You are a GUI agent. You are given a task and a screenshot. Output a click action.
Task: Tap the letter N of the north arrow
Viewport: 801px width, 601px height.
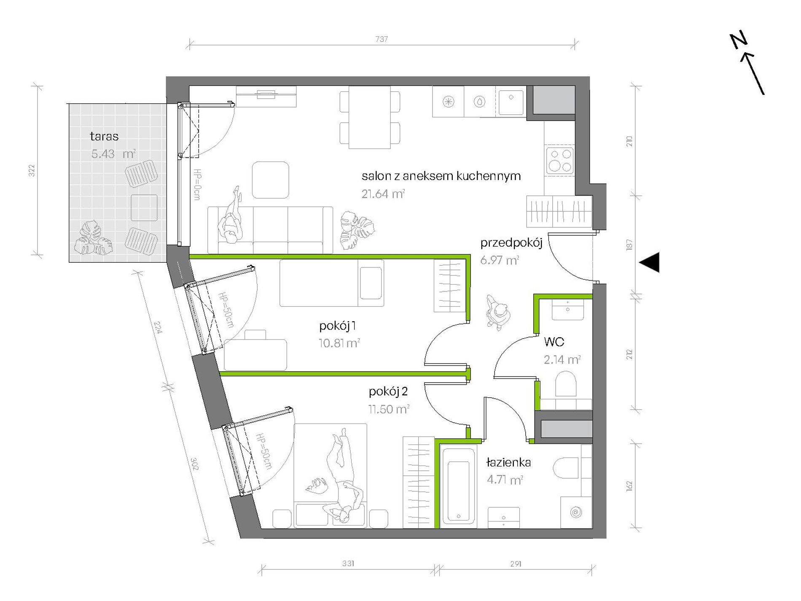(739, 40)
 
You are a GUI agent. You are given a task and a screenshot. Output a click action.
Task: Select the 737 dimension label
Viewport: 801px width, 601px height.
(382, 39)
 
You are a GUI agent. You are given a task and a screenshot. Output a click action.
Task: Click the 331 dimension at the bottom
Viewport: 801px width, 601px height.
(348, 563)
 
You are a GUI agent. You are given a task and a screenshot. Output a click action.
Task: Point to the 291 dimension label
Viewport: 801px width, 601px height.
(516, 564)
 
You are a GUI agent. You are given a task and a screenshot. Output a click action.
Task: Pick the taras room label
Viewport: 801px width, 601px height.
(104, 136)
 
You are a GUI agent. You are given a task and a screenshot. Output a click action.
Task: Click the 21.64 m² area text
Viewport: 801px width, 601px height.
(383, 194)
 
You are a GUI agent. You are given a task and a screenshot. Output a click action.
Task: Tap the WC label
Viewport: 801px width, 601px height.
(554, 342)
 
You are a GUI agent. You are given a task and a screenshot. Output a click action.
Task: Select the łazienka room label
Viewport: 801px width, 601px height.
(508, 462)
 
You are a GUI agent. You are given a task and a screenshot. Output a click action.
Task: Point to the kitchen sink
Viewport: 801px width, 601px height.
(511, 102)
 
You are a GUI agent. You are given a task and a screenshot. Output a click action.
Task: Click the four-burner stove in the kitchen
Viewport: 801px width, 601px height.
(560, 160)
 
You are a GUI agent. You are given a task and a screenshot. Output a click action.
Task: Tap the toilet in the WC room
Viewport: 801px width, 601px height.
(565, 384)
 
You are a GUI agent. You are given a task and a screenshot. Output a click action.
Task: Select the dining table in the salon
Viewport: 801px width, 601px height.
(370, 117)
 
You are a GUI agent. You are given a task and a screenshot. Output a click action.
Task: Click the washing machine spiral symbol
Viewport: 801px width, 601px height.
(576, 512)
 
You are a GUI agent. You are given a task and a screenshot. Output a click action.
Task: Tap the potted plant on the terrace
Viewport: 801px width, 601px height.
(94, 238)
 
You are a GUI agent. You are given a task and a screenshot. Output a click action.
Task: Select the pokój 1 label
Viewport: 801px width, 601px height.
(337, 326)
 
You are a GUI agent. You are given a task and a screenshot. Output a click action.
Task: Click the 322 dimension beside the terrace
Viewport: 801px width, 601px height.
(32, 170)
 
